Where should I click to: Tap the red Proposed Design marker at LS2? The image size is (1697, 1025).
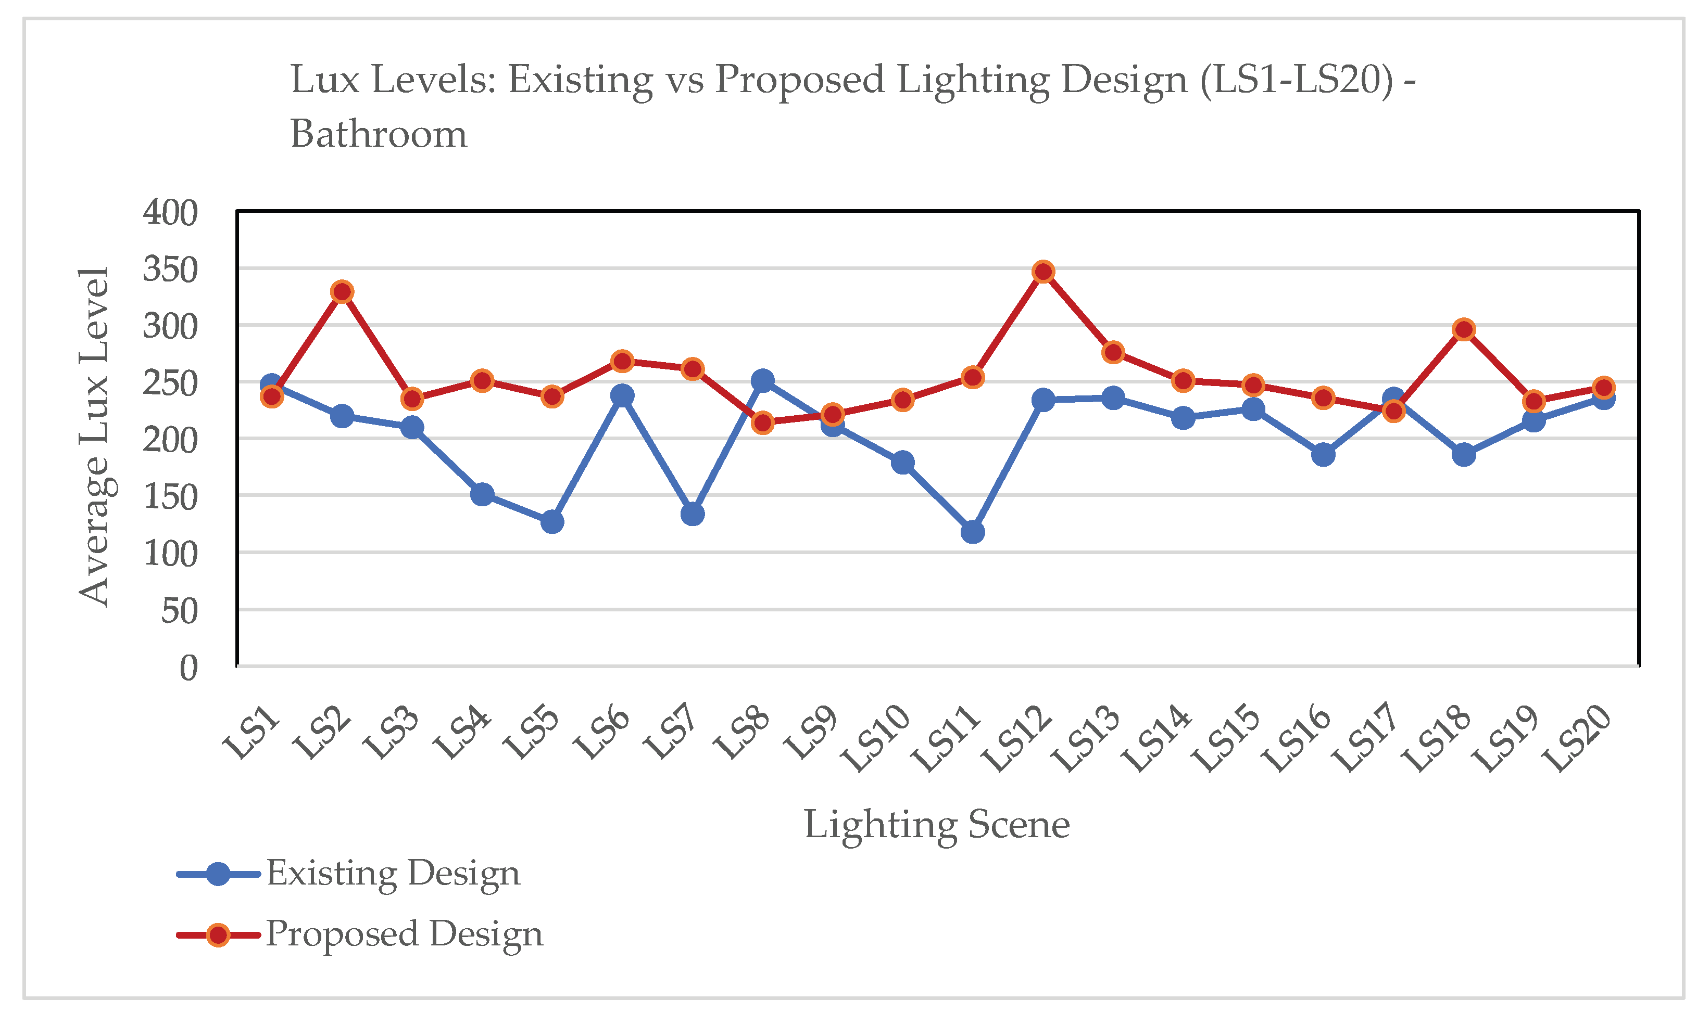342,292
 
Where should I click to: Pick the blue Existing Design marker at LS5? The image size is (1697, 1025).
551,522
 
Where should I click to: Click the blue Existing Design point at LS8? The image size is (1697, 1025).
762,380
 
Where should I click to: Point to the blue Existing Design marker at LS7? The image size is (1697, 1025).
692,514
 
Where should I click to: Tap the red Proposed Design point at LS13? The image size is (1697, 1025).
1113,352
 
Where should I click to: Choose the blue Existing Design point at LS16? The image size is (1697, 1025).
1323,454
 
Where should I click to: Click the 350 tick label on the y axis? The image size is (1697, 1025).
170,269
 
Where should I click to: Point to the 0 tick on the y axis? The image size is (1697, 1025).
188,668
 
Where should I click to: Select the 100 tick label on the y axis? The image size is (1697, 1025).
170,554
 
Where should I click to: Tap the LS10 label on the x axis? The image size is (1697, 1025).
876,740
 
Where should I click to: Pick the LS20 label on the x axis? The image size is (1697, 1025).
1577,740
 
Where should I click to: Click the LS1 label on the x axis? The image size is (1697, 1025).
252,734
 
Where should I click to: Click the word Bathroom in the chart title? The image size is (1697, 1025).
379,134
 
